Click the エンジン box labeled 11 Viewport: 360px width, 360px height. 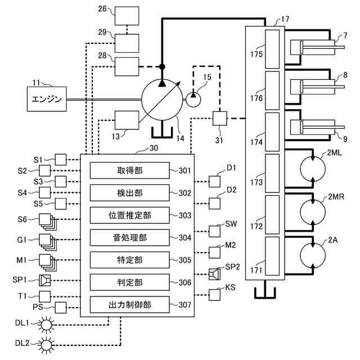(x=48, y=99)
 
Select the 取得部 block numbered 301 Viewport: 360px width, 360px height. (x=129, y=170)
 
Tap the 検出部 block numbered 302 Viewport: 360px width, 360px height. (x=129, y=193)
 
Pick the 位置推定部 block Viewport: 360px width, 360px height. (x=129, y=215)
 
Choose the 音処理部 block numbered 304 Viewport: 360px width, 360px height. (x=129, y=237)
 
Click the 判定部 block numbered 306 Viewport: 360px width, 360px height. (x=129, y=282)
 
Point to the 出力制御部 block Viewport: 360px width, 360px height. (x=129, y=305)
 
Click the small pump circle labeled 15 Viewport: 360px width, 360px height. (x=193, y=100)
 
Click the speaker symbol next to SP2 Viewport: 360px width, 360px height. (x=214, y=274)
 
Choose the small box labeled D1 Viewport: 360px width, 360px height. (x=215, y=181)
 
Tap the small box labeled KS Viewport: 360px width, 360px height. (x=215, y=294)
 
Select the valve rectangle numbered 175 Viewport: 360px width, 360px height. (x=272, y=49)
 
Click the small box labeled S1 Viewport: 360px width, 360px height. (x=60, y=159)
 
